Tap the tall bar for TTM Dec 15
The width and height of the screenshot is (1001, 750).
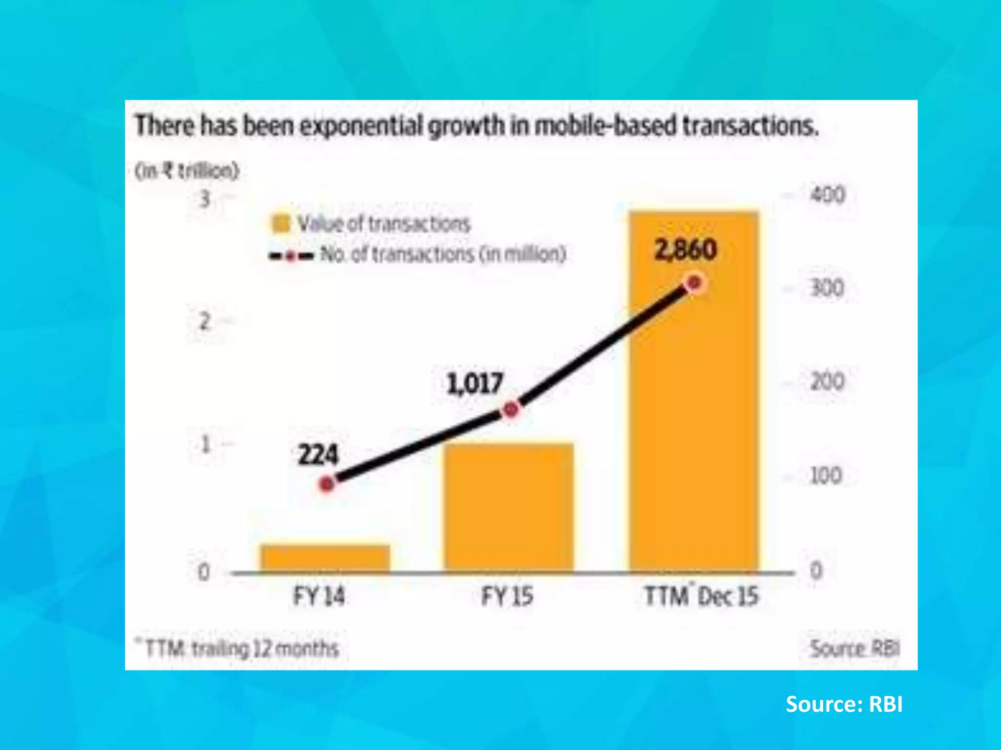click(x=694, y=415)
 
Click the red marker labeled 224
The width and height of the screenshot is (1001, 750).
click(x=327, y=484)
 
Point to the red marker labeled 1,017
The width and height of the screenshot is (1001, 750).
click(x=511, y=410)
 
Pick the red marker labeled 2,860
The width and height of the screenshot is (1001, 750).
click(x=695, y=283)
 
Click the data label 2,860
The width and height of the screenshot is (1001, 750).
click(x=685, y=250)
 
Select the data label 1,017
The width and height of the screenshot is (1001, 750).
click(x=475, y=383)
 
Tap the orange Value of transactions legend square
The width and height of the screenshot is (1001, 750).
click(x=281, y=224)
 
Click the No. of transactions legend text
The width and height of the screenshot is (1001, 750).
click(x=443, y=254)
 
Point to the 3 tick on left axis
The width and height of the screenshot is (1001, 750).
click(x=205, y=199)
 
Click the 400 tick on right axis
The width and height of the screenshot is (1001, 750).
click(x=827, y=195)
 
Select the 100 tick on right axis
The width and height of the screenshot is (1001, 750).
click(x=826, y=476)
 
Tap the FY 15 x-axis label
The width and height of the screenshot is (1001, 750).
click(x=507, y=596)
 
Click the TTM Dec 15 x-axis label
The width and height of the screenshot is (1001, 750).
click(x=701, y=596)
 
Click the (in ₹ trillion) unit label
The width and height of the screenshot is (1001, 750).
click(x=187, y=171)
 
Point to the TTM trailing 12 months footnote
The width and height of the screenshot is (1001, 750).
click(x=239, y=649)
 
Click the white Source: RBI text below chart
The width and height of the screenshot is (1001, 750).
click(x=844, y=705)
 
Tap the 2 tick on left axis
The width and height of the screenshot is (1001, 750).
click(x=205, y=322)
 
